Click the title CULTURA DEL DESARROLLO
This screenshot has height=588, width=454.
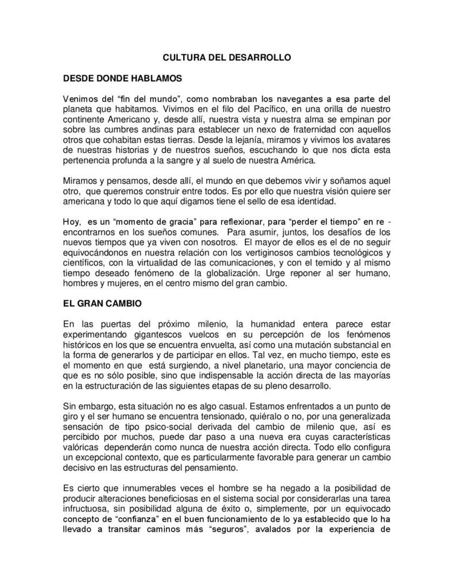pyautogui.click(x=227, y=57)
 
